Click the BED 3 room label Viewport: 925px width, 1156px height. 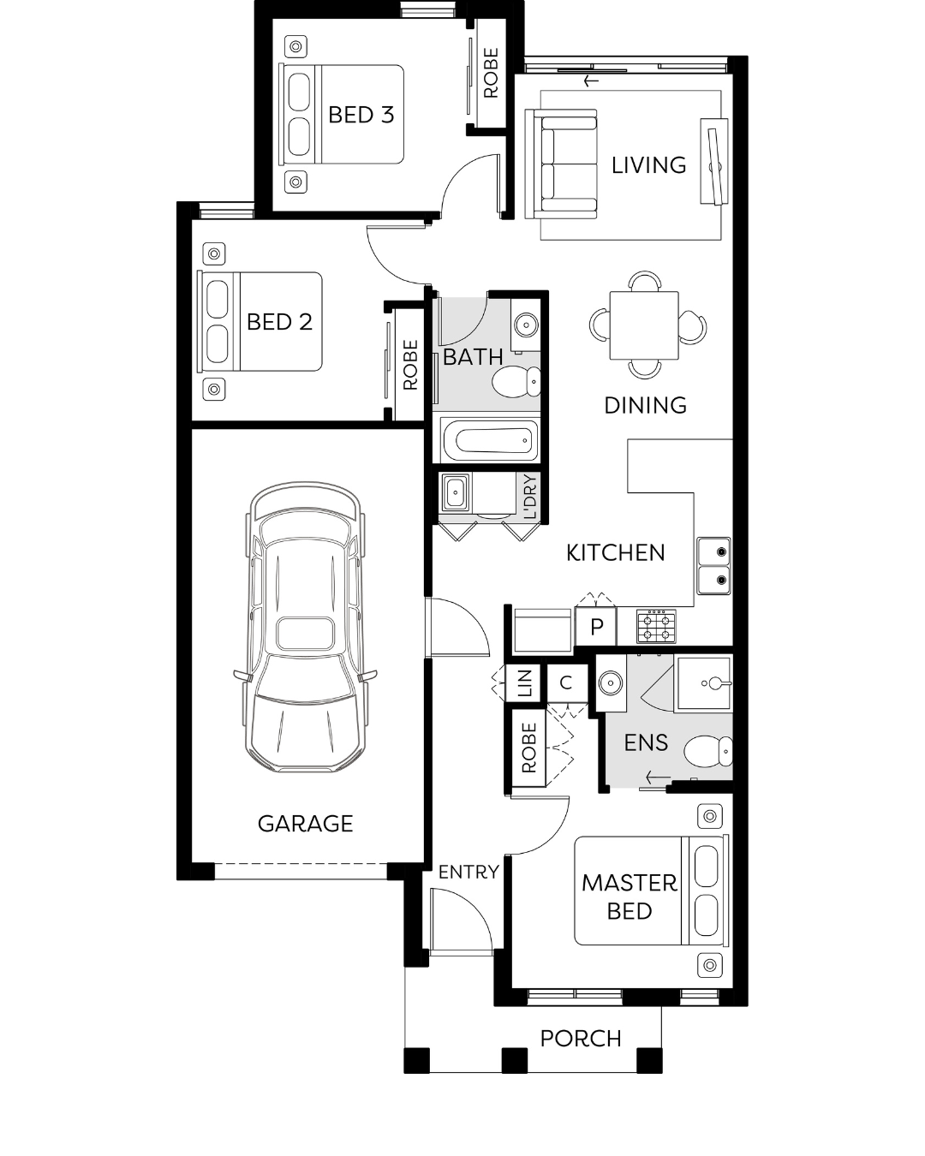click(x=361, y=115)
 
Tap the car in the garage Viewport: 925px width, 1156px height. click(x=305, y=626)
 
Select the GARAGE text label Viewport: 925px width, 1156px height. click(x=305, y=824)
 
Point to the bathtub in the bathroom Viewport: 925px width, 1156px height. click(x=489, y=440)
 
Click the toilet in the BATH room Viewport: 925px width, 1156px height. click(x=516, y=382)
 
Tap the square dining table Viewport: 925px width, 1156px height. click(x=644, y=325)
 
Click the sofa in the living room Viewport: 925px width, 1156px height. click(x=561, y=164)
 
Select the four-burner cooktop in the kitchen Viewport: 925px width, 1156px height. click(x=656, y=626)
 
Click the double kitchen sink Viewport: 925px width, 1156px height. click(x=713, y=566)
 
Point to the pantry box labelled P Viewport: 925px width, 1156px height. click(x=596, y=626)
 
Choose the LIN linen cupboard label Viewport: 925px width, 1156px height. click(x=525, y=682)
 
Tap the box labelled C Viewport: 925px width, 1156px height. click(x=565, y=682)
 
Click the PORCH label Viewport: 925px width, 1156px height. click(x=581, y=1039)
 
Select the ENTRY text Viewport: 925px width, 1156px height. click(x=468, y=873)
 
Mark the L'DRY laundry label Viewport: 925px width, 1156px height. click(x=530, y=497)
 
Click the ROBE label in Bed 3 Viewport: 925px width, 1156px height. click(x=491, y=73)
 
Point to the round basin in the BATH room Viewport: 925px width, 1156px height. click(x=524, y=325)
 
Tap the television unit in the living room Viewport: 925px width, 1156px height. click(x=713, y=161)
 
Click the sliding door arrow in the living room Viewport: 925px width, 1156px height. click(x=591, y=81)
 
